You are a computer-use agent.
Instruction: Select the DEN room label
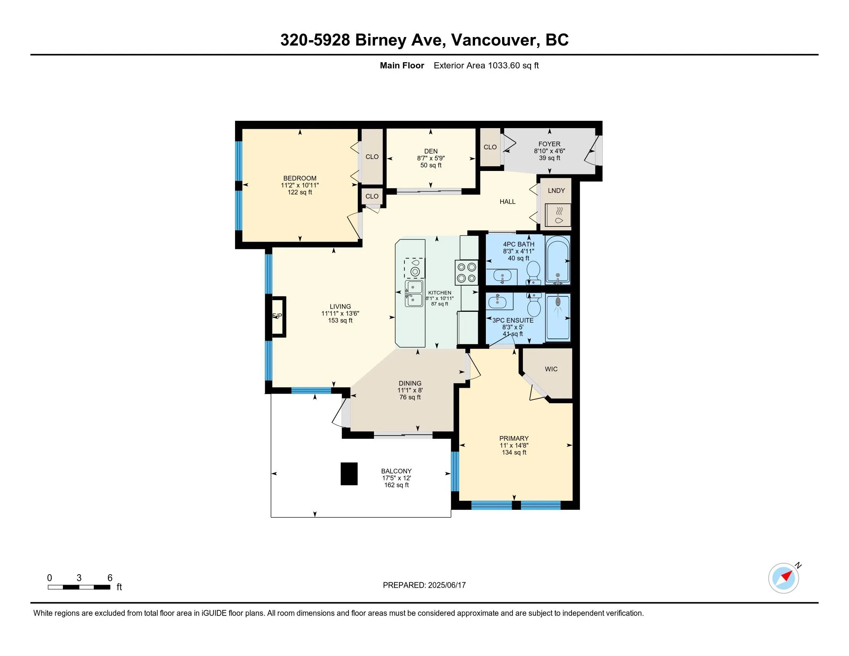(x=431, y=151)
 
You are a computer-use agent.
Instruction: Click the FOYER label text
(x=549, y=144)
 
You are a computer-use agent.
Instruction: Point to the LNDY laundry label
(x=556, y=190)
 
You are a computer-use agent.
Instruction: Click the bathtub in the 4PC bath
(x=558, y=260)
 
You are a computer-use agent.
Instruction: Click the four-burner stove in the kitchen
(x=467, y=272)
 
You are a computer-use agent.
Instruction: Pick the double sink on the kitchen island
(x=414, y=293)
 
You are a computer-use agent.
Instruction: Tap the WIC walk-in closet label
(x=551, y=369)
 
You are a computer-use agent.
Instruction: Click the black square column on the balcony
(x=349, y=473)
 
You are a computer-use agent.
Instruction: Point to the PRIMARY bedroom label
(x=514, y=438)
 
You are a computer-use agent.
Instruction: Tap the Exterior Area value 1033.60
(x=504, y=66)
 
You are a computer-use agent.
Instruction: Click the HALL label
(x=508, y=201)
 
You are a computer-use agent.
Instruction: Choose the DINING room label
(x=410, y=383)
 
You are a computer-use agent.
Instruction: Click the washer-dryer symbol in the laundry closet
(x=558, y=215)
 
